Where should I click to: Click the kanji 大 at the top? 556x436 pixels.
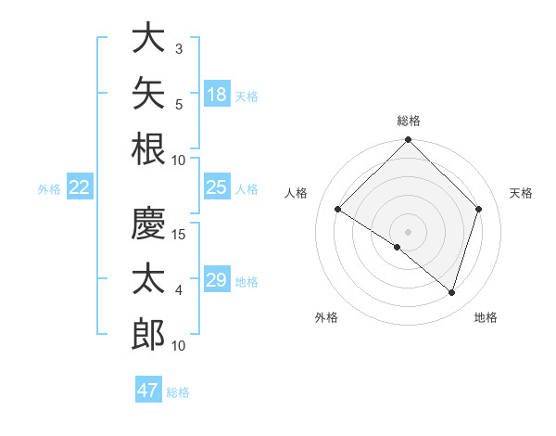[x=148, y=37]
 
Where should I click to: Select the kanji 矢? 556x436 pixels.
[x=148, y=93]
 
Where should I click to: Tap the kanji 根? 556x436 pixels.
[x=148, y=148]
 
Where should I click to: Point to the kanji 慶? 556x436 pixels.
[x=148, y=223]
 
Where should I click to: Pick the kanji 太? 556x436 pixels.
[x=148, y=278]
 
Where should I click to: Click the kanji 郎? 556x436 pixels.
[x=148, y=334]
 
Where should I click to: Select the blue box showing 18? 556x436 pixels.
[x=217, y=94]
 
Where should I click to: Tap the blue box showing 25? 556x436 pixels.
[x=217, y=186]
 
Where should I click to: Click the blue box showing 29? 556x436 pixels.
[x=217, y=278]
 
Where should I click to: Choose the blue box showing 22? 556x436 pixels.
[x=80, y=186]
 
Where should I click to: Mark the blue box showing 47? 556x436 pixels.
[x=148, y=389]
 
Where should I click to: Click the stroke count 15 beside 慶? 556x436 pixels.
[x=178, y=235]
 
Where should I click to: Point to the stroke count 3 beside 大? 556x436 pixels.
[x=179, y=49]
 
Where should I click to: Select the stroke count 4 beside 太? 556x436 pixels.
[x=179, y=290]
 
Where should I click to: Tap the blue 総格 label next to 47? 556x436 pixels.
[x=178, y=392]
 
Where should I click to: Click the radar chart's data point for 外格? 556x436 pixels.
[x=398, y=247]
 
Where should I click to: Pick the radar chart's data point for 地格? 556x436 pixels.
[x=451, y=292]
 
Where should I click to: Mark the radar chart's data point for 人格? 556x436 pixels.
[x=337, y=209]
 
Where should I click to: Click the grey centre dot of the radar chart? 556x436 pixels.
[x=408, y=232]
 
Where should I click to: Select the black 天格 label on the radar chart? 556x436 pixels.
[x=521, y=193]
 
